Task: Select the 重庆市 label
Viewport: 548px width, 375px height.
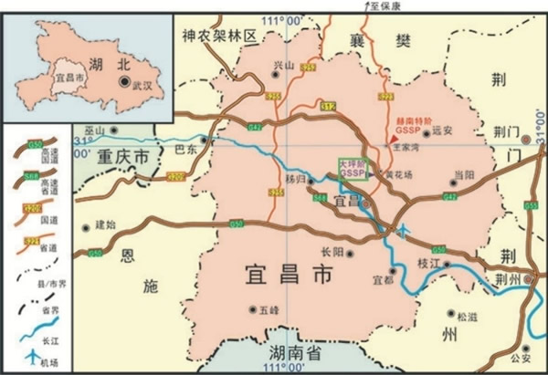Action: [x=124, y=157]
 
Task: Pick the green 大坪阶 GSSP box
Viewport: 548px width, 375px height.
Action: [x=353, y=168]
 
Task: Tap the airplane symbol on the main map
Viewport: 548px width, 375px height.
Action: [x=405, y=228]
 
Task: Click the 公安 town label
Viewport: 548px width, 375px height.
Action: [x=521, y=357]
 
